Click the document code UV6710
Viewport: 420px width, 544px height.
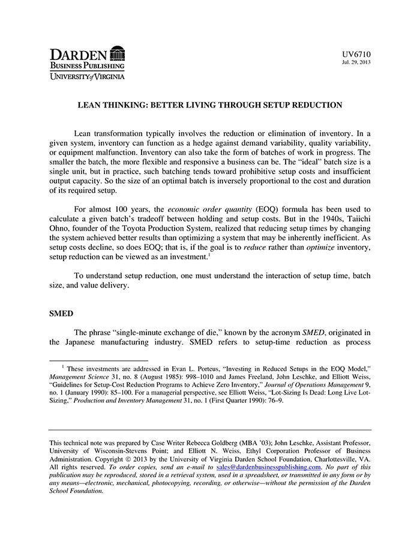357,54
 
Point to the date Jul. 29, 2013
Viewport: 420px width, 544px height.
356,62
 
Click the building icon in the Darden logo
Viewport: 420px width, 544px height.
118,53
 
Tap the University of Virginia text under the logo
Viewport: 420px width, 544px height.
87,76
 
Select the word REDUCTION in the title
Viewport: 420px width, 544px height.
315,105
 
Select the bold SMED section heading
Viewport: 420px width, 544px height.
61,313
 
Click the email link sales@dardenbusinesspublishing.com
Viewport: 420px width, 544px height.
268,467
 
